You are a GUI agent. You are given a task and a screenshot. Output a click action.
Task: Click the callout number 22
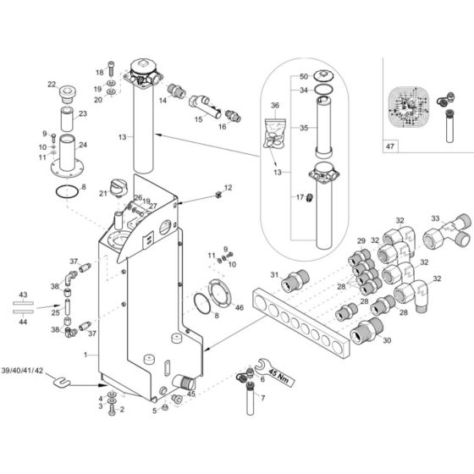point(51,84)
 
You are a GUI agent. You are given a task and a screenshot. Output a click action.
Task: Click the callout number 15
point(198,121)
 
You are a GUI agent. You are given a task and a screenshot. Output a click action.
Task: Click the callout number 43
point(24,294)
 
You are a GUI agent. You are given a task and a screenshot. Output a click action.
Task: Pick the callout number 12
point(228,187)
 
